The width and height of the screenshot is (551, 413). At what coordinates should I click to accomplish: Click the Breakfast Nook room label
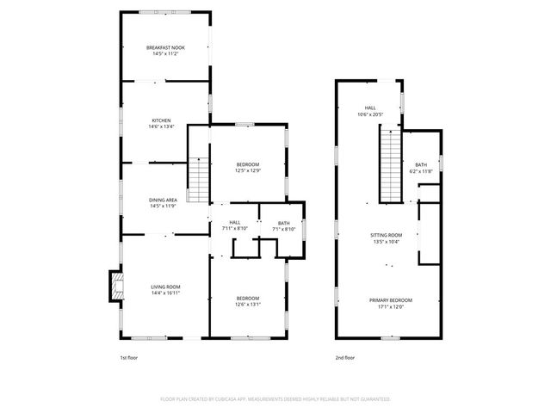point(165,47)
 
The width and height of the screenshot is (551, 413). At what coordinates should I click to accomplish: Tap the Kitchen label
point(162,120)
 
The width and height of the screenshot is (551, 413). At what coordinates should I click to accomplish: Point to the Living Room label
point(165,287)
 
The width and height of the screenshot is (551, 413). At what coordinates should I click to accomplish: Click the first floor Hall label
point(234,223)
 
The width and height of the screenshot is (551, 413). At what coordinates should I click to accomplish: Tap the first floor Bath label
point(283,223)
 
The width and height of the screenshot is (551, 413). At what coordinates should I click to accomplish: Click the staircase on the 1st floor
point(199,180)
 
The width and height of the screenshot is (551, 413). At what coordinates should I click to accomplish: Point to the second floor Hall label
point(369,108)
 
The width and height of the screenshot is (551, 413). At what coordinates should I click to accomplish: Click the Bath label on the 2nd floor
point(421,164)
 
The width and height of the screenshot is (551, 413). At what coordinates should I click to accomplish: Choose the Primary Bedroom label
point(391,300)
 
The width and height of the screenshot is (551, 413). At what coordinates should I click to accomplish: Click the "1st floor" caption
point(129,356)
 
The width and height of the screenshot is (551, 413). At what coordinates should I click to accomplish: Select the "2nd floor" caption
point(345,356)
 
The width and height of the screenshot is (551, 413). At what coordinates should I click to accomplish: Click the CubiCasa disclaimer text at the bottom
point(275,399)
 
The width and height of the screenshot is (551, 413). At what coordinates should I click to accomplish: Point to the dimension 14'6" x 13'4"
point(162,126)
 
